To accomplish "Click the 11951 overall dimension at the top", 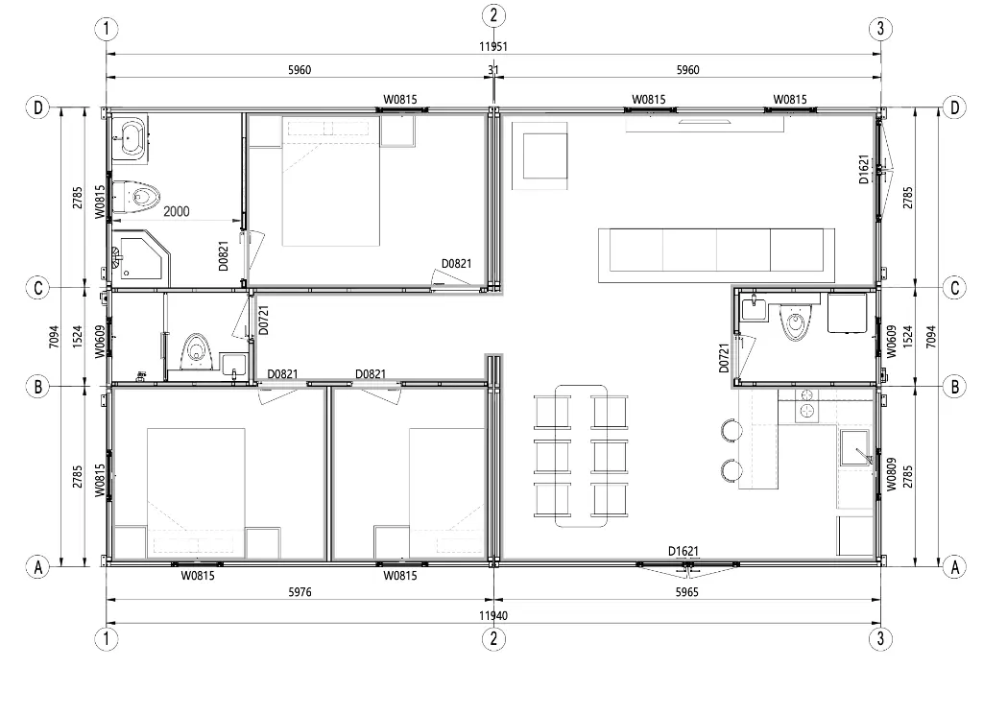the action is pos(493,46).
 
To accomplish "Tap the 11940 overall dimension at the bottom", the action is pos(493,615).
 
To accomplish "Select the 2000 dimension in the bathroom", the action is pos(177,212).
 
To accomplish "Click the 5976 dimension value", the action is pos(300,592).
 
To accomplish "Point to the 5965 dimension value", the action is pos(687,592).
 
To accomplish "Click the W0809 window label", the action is pos(892,474).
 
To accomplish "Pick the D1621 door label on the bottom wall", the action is pos(683,552).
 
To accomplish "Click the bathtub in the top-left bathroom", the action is pos(131,138).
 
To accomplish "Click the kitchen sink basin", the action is pos(854,447).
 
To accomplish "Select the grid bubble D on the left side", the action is pos(38,107).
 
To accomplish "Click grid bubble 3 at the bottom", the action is pos(881,638).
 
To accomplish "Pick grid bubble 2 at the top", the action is pos(493,15).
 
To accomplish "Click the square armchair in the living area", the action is pos(539,155).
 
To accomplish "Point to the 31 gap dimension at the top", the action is pos(493,69).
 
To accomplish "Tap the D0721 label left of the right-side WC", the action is pos(724,358).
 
